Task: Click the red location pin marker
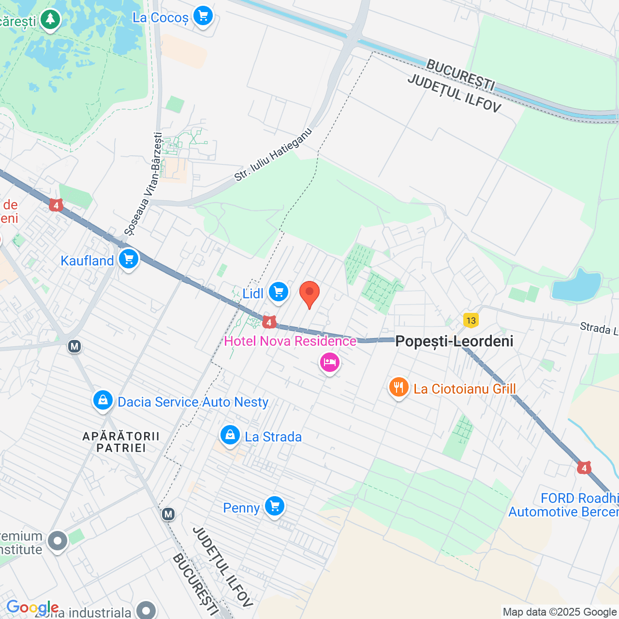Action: pyautogui.click(x=309, y=294)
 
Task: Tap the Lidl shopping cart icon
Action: pyautogui.click(x=279, y=292)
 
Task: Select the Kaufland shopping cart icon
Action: pyautogui.click(x=128, y=259)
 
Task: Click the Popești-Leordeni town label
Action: pyautogui.click(x=454, y=341)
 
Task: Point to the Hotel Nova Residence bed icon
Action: pyautogui.click(x=329, y=362)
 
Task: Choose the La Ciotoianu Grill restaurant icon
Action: pyautogui.click(x=398, y=388)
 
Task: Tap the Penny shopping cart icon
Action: pyautogui.click(x=275, y=506)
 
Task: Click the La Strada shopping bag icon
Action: pyautogui.click(x=230, y=435)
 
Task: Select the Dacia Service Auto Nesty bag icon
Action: pyautogui.click(x=103, y=400)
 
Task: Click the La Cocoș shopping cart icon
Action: pyautogui.click(x=203, y=16)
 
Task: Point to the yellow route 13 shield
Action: pyautogui.click(x=471, y=320)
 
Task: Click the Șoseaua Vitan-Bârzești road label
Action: pyautogui.click(x=143, y=184)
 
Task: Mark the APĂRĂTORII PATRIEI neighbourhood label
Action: pyautogui.click(x=121, y=442)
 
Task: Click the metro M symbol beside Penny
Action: pyautogui.click(x=168, y=514)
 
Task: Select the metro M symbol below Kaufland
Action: pyautogui.click(x=74, y=346)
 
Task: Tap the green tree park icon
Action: pyautogui.click(x=50, y=20)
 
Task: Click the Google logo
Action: pyautogui.click(x=32, y=607)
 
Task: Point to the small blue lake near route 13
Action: pyautogui.click(x=576, y=285)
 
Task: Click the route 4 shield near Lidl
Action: pyautogui.click(x=269, y=322)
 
